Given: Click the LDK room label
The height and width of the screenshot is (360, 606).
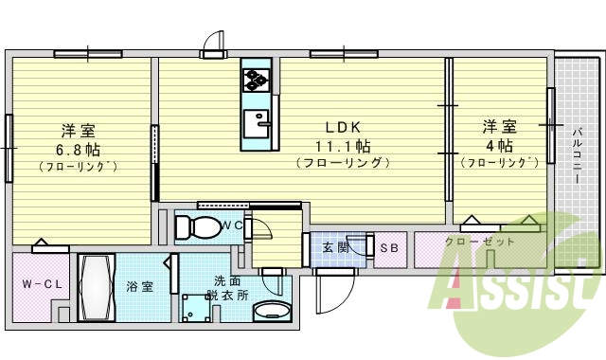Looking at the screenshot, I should coord(342,127).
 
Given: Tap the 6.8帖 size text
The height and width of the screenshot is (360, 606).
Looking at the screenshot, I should coord(78,149).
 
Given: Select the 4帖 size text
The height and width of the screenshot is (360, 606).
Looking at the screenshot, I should coord(499,146).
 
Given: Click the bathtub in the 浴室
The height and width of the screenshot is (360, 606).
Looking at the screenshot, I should coord(96,285).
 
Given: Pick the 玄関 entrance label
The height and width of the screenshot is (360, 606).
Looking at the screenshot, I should coord(338,248).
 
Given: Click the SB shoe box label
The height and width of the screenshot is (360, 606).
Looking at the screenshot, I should coord(389,248).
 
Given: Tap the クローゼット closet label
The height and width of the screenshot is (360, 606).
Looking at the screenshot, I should coord(480,242).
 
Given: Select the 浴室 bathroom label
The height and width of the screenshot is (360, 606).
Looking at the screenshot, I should coord(140,286).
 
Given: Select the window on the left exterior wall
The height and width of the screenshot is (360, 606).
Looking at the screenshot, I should coord(9,147).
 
